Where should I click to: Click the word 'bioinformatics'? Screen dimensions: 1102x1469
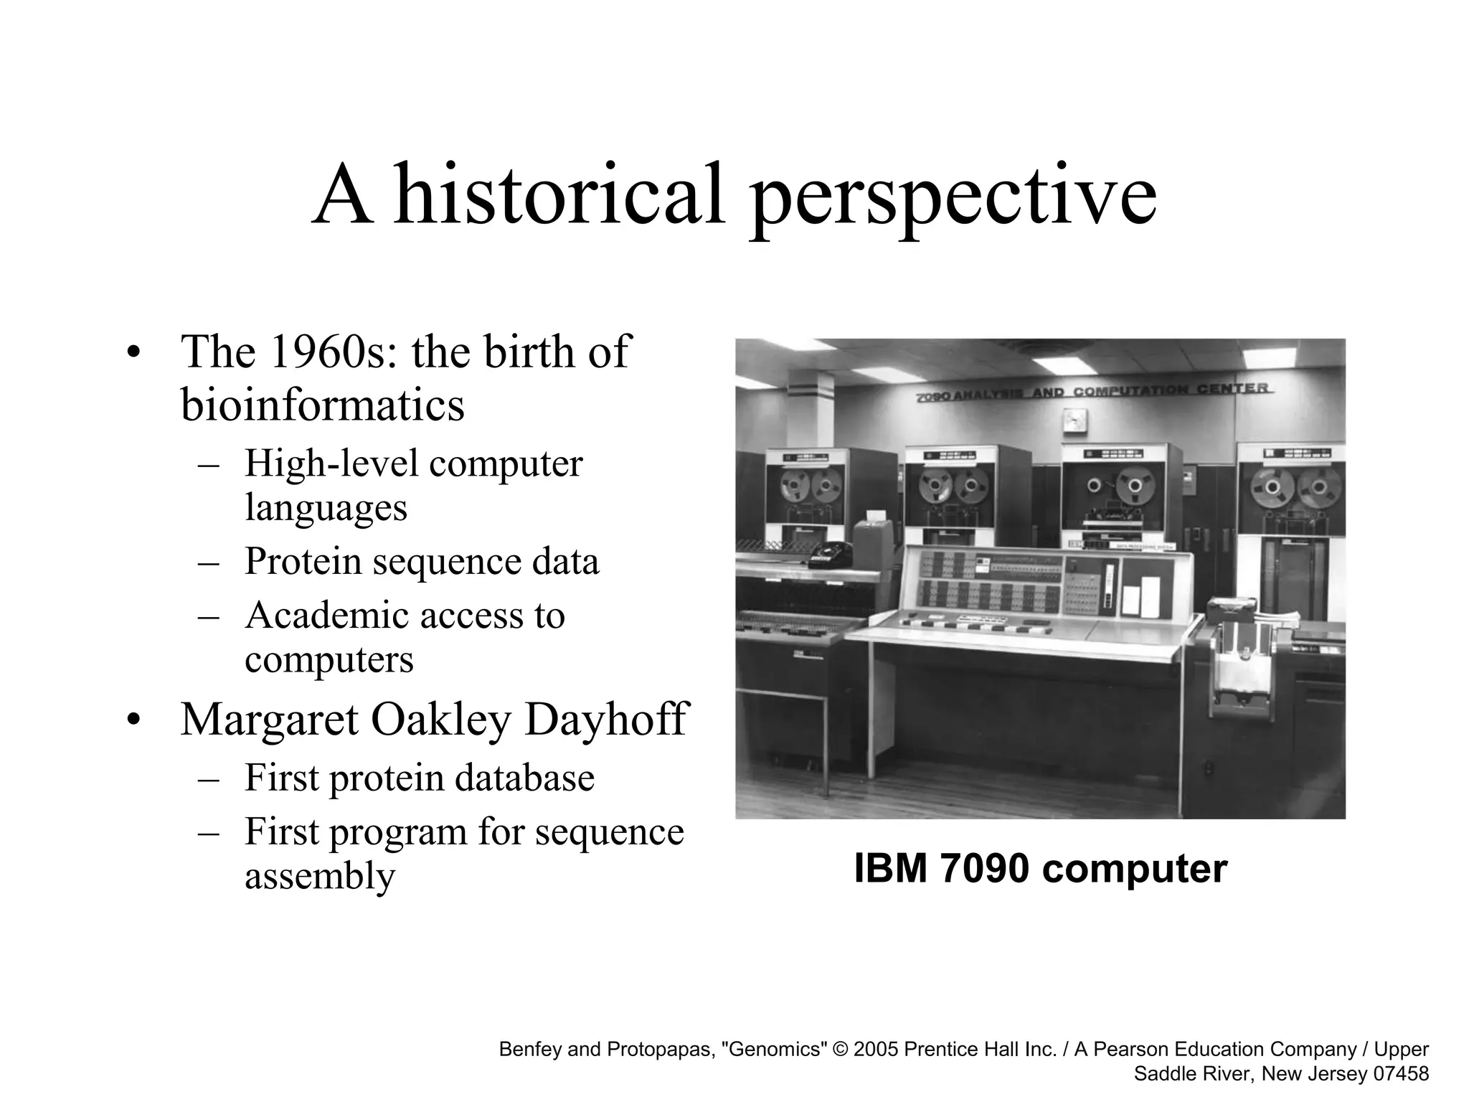(322, 405)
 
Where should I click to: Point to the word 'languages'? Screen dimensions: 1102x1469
(326, 507)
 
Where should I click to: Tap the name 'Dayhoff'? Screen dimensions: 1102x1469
(606, 720)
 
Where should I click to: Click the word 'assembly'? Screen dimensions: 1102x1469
(320, 876)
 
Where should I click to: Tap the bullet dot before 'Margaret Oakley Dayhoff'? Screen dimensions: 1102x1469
(131, 721)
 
